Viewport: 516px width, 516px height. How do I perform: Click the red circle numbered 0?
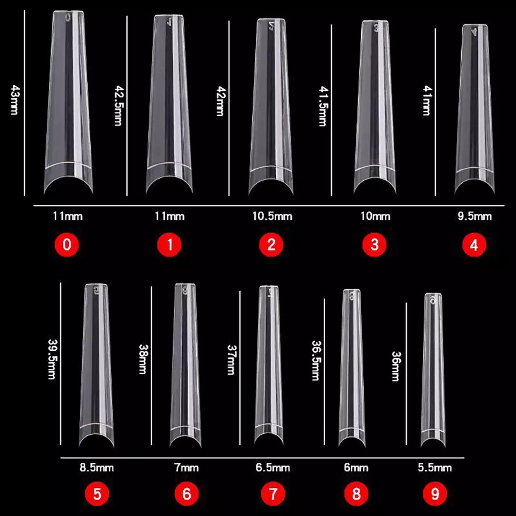(x=67, y=245)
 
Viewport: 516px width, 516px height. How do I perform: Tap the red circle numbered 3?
(x=375, y=245)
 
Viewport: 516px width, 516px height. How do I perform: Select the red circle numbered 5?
(x=97, y=493)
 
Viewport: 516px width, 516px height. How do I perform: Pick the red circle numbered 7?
(x=273, y=493)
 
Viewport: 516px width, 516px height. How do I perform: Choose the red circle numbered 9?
(x=435, y=493)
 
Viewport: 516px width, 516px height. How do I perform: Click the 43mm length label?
(x=14, y=100)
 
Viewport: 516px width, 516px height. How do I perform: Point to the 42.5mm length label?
(x=118, y=105)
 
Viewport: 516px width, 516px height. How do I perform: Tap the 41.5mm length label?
(x=323, y=106)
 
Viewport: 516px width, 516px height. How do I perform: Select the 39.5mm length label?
(x=52, y=359)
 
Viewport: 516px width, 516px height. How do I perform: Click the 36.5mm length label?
(x=316, y=360)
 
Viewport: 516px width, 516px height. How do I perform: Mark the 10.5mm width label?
(x=272, y=216)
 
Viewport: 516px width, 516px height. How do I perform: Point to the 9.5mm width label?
(x=475, y=216)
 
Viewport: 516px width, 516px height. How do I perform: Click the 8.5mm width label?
(x=96, y=468)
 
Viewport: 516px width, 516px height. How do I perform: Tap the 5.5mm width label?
(x=435, y=468)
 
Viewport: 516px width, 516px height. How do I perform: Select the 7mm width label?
(x=187, y=468)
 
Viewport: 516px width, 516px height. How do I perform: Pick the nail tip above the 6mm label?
(x=352, y=367)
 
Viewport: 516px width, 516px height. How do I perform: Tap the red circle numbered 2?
(x=271, y=245)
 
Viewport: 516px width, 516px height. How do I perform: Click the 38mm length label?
(x=142, y=359)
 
